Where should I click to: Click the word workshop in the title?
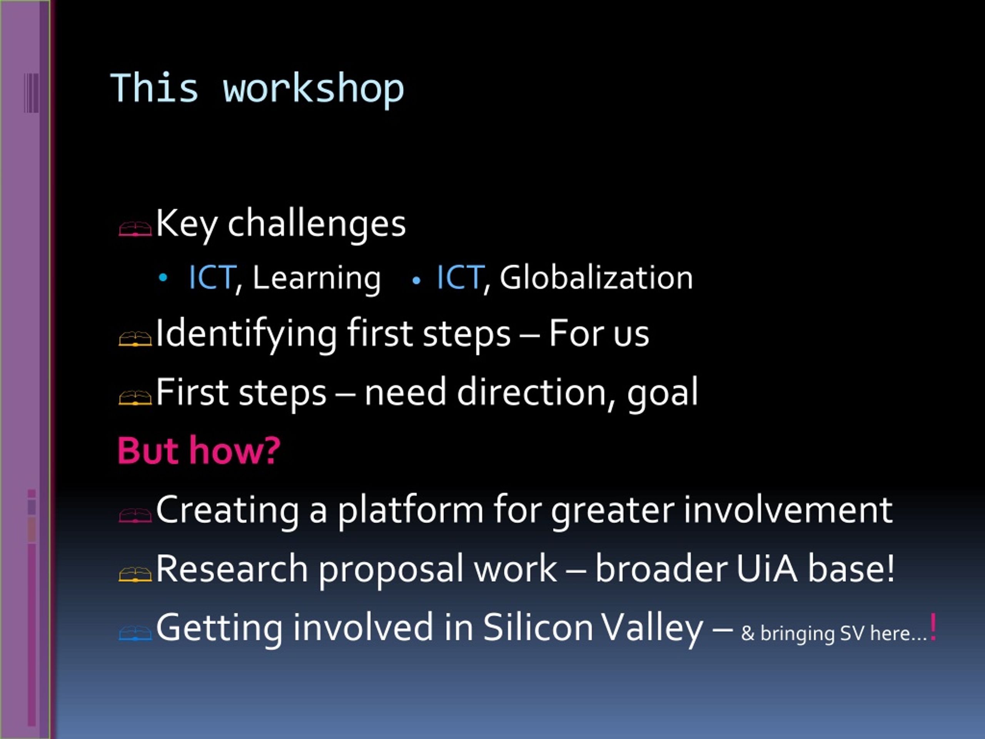click(314, 89)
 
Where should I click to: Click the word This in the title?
click(154, 88)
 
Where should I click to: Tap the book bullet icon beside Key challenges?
click(135, 229)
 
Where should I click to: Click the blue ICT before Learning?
click(212, 278)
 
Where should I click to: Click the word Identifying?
click(246, 334)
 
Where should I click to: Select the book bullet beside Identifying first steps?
click(135, 339)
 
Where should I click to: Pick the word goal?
click(663, 394)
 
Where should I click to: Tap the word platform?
click(410, 511)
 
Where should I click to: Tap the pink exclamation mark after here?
click(933, 627)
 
